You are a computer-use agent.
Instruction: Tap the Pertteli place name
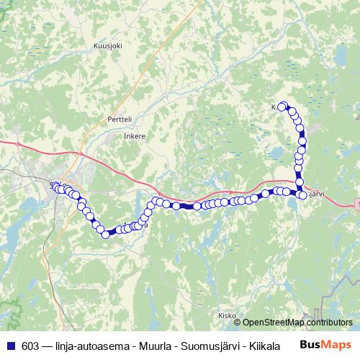[119, 118]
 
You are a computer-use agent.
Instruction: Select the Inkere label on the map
[135, 135]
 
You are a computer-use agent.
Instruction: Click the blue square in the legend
[11, 345]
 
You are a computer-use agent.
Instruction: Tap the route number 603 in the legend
[31, 345]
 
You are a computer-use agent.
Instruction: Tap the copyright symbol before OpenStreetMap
[238, 323]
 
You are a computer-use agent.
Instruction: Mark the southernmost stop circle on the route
[106, 234]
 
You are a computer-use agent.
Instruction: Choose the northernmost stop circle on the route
[283, 105]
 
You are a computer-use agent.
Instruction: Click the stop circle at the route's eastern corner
[302, 194]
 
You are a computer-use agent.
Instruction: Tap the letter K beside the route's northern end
[274, 107]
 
